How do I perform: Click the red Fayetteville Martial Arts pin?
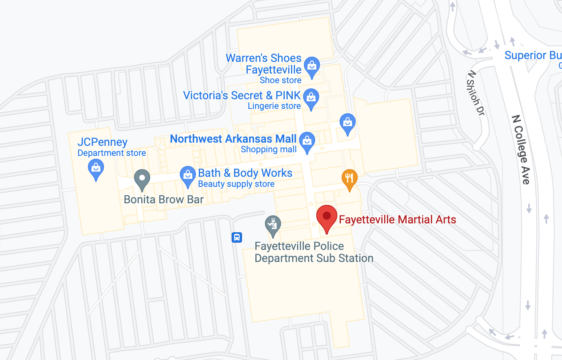[327, 217]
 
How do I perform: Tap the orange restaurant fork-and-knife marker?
[349, 178]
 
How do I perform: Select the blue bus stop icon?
[237, 237]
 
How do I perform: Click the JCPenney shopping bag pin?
[96, 168]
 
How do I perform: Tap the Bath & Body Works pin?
[187, 175]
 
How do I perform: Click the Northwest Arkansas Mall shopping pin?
[307, 141]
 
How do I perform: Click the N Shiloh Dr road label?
[476, 93]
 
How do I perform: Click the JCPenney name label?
[102, 142]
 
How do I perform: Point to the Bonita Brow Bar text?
[164, 199]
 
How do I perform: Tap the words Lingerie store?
[274, 106]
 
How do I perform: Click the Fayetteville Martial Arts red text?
[397, 219]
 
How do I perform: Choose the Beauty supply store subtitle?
[236, 184]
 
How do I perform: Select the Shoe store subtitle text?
[281, 80]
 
